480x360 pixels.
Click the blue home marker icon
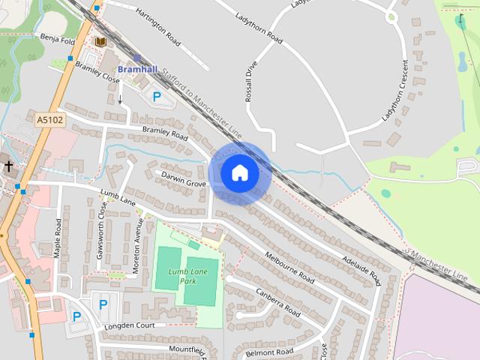239,172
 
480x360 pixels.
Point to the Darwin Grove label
180,179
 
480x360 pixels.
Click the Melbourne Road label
289,266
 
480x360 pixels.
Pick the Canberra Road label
277,301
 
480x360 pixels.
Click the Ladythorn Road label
258,27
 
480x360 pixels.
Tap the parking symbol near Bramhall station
157,96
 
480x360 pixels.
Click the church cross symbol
8,166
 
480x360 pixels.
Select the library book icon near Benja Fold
100,42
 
